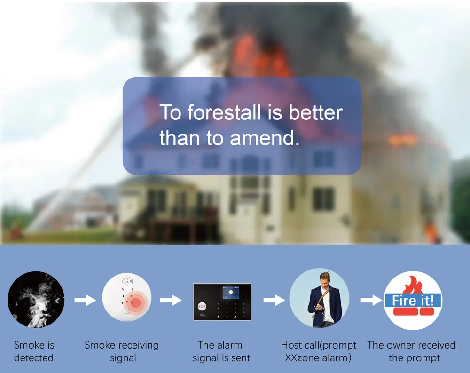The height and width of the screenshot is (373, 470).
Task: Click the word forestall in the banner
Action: coord(224,113)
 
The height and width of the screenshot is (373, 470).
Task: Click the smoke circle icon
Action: coord(36,300)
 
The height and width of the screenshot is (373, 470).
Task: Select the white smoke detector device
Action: coord(127,297)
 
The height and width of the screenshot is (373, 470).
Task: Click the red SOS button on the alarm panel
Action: coord(202,306)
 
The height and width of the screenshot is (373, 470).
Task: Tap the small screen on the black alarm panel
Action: coord(230,293)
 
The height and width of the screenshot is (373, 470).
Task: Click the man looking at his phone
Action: coord(323,300)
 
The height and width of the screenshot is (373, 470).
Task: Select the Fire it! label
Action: coord(413,301)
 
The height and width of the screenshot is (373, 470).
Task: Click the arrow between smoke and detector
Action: coord(85,300)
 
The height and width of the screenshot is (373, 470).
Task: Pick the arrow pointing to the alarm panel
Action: coord(171,300)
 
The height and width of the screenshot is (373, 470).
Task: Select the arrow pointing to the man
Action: coord(274,300)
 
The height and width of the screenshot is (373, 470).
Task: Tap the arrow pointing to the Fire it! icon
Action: coord(372,300)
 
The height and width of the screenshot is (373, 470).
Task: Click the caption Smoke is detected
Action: coord(34,351)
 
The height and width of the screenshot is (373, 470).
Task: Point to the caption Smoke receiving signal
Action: coord(122,351)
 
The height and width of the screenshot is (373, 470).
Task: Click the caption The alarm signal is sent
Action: coord(221,351)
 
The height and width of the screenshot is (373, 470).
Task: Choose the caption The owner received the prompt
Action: coord(411,351)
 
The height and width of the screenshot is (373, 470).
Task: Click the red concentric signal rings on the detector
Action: coord(136,302)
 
